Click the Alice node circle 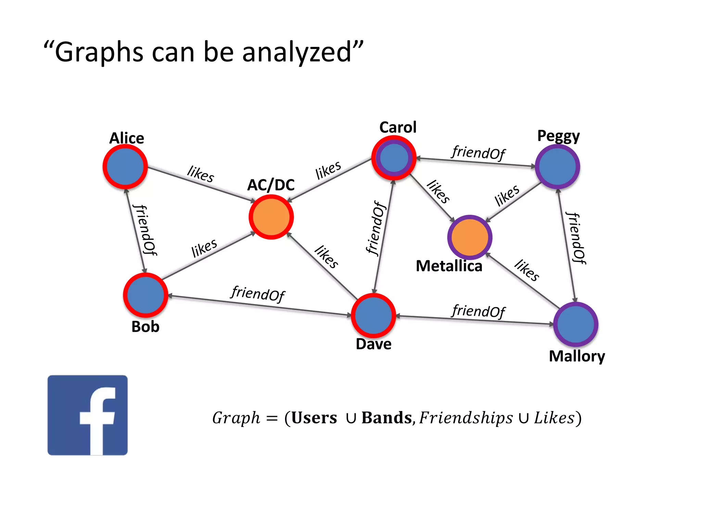pyautogui.click(x=125, y=167)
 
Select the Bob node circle pyautogui.click(x=145, y=295)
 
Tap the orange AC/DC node pyautogui.click(x=271, y=217)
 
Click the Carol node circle pyautogui.click(x=394, y=158)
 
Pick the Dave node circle pyautogui.click(x=373, y=315)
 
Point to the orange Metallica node pyautogui.click(x=470, y=237)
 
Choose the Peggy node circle pyautogui.click(x=557, y=167)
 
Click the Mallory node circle pyautogui.click(x=576, y=324)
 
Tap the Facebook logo pyautogui.click(x=88, y=415)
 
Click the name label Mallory pyautogui.click(x=577, y=356)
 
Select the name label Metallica pyautogui.click(x=449, y=266)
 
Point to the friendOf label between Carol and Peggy pyautogui.click(x=479, y=152)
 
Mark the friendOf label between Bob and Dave pyautogui.click(x=258, y=293)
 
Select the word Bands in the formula pyautogui.click(x=386, y=418)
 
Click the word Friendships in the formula pyautogui.click(x=466, y=418)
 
